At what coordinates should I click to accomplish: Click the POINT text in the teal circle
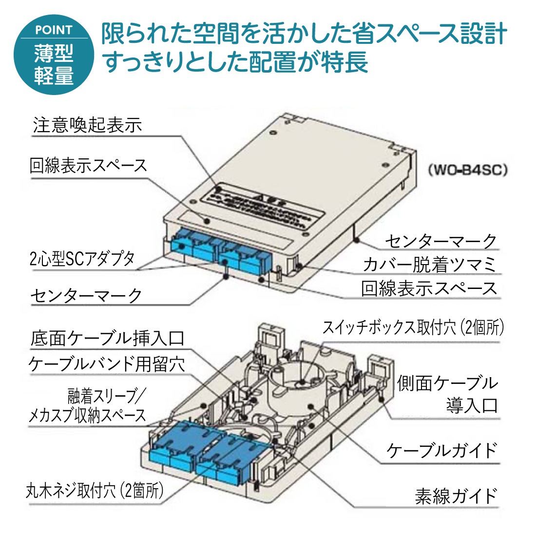pyautogui.click(x=54, y=30)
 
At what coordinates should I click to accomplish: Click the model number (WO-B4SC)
pyautogui.click(x=468, y=170)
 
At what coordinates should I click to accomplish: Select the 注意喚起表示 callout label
pyautogui.click(x=88, y=125)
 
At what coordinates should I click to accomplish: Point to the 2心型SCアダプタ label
pyautogui.click(x=82, y=258)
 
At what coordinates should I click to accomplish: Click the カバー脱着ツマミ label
pyautogui.click(x=429, y=264)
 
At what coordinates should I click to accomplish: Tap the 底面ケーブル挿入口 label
pyautogui.click(x=108, y=338)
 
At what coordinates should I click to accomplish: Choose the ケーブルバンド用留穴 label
pyautogui.click(x=107, y=364)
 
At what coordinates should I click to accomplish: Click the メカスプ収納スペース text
pyautogui.click(x=87, y=415)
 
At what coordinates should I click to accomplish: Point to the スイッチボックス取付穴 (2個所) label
pyautogui.click(x=413, y=327)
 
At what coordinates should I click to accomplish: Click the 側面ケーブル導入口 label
pyautogui.click(x=447, y=394)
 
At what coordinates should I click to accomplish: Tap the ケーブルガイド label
pyautogui.click(x=441, y=450)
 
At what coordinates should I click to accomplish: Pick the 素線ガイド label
pyautogui.click(x=456, y=496)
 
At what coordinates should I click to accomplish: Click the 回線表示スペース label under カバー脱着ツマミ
pyautogui.click(x=429, y=288)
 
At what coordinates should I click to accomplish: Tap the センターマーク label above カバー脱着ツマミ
pyautogui.click(x=440, y=241)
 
